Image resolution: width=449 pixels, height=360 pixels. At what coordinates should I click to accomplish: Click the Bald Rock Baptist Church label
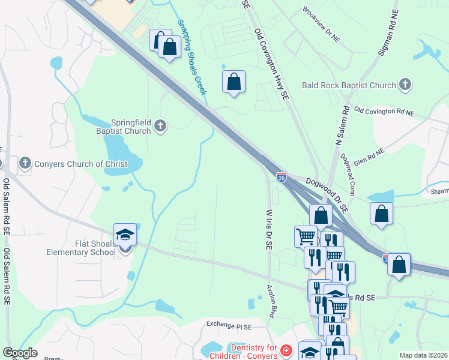[349, 85]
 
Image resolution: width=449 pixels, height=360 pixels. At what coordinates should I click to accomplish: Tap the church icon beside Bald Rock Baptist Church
[405, 85]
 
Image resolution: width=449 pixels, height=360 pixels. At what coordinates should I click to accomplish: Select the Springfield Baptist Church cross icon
[160, 125]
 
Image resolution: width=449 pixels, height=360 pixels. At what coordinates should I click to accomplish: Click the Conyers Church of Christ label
[81, 164]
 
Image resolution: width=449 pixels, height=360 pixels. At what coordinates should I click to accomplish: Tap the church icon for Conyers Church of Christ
[25, 163]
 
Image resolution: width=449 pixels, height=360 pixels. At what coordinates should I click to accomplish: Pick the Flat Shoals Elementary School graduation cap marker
[125, 235]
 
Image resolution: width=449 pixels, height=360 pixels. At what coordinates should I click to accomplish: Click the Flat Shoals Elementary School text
[81, 247]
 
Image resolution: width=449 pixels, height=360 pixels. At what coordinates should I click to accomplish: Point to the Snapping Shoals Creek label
[191, 57]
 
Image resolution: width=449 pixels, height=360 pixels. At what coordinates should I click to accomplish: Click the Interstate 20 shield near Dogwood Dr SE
[281, 177]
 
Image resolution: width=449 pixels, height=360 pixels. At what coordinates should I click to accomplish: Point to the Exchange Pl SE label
[228, 325]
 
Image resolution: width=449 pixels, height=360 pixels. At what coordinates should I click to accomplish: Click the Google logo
[20, 353]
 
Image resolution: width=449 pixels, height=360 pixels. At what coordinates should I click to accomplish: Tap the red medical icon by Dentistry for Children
[286, 349]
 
